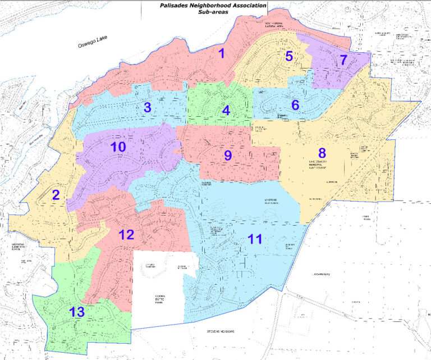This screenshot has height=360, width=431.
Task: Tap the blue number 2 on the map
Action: (x=56, y=195)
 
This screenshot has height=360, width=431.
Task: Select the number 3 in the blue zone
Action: (x=147, y=108)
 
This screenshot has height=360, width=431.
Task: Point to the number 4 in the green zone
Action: (x=226, y=110)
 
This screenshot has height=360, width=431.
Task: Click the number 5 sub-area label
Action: (x=288, y=56)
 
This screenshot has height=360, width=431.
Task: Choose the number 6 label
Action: (x=295, y=104)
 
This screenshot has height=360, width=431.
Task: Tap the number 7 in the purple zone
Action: (x=343, y=61)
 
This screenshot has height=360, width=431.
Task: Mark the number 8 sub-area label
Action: (x=322, y=152)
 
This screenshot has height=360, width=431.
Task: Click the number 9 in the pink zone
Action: (x=227, y=156)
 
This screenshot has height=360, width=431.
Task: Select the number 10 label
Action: (x=118, y=147)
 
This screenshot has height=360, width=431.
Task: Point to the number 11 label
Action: (x=255, y=239)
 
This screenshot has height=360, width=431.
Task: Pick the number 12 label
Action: (x=126, y=234)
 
